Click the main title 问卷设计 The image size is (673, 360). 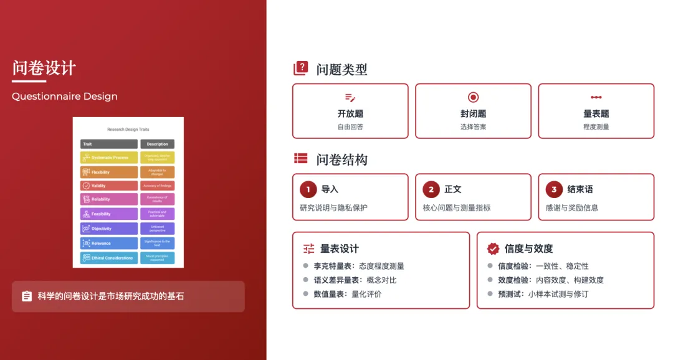pos(44,68)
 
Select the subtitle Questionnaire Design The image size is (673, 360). pos(64,97)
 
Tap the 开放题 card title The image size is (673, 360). pos(350,113)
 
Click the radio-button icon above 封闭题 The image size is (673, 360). pos(473,97)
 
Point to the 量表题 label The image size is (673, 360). pos(596,113)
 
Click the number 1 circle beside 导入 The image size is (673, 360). pos(308,189)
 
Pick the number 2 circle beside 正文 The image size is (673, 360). pos(431,189)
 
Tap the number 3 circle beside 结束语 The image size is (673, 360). pos(553,189)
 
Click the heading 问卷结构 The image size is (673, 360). pos(341,159)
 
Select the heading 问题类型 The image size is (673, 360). pos(341,69)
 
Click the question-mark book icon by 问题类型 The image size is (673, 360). pos(301,69)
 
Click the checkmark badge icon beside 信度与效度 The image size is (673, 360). pos(493,249)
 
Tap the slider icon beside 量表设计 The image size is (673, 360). pos(309,249)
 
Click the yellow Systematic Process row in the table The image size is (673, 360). pos(109,158)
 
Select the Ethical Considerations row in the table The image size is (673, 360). pos(109,258)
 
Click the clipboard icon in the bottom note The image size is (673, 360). pos(27,296)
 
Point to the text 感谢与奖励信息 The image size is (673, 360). pos(571,207)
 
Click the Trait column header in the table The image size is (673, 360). pos(109,144)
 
